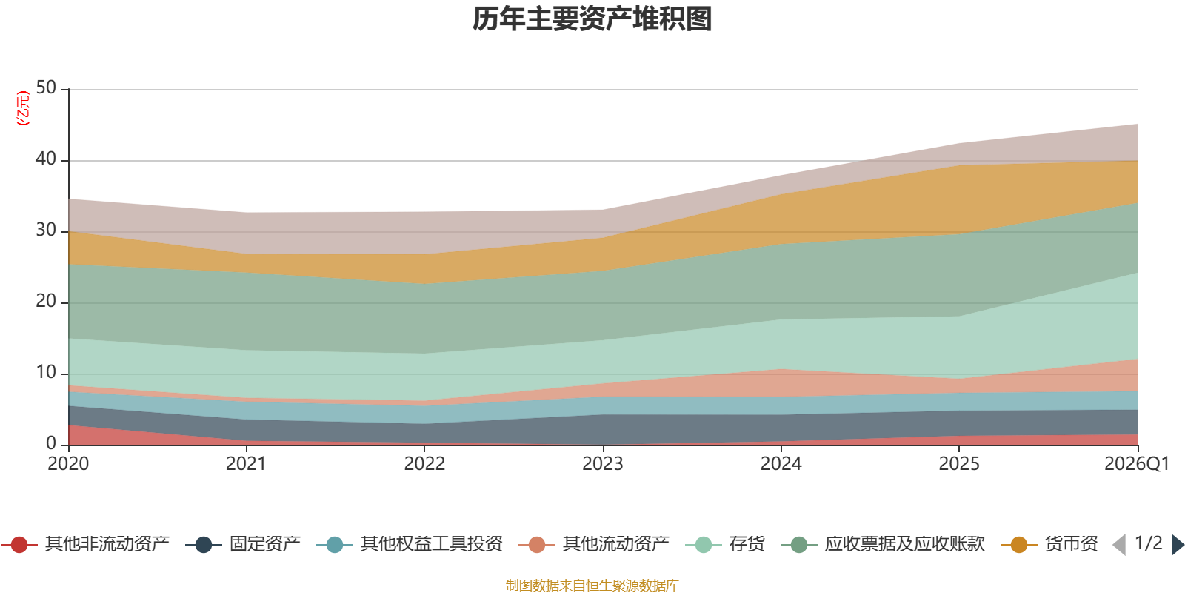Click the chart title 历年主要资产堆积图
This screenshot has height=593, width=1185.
tap(592, 19)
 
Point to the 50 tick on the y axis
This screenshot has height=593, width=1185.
tap(46, 87)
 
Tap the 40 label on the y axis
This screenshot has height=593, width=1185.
tap(46, 159)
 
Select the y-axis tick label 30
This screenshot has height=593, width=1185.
tap(46, 230)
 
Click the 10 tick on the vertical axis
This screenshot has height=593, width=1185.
tap(46, 372)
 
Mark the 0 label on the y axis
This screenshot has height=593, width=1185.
tap(51, 443)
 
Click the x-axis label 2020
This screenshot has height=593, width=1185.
tap(68, 464)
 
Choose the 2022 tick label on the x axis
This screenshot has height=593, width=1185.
tap(425, 464)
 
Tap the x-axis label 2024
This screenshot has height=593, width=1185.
tap(781, 464)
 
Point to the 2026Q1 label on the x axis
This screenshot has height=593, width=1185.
tap(1137, 464)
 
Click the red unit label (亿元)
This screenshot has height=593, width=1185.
tap(23, 108)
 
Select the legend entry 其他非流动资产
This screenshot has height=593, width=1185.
tap(85, 544)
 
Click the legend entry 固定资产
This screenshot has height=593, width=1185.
tap(244, 544)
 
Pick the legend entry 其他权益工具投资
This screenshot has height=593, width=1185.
tap(410, 544)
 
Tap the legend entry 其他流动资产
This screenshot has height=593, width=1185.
tap(594, 544)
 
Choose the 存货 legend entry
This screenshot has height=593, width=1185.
tap(725, 544)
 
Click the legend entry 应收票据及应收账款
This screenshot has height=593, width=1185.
tap(883, 544)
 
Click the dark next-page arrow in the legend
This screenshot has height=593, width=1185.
tap(1178, 545)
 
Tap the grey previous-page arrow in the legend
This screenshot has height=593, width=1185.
tap(1119, 545)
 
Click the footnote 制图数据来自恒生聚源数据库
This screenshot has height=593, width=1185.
tap(592, 585)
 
